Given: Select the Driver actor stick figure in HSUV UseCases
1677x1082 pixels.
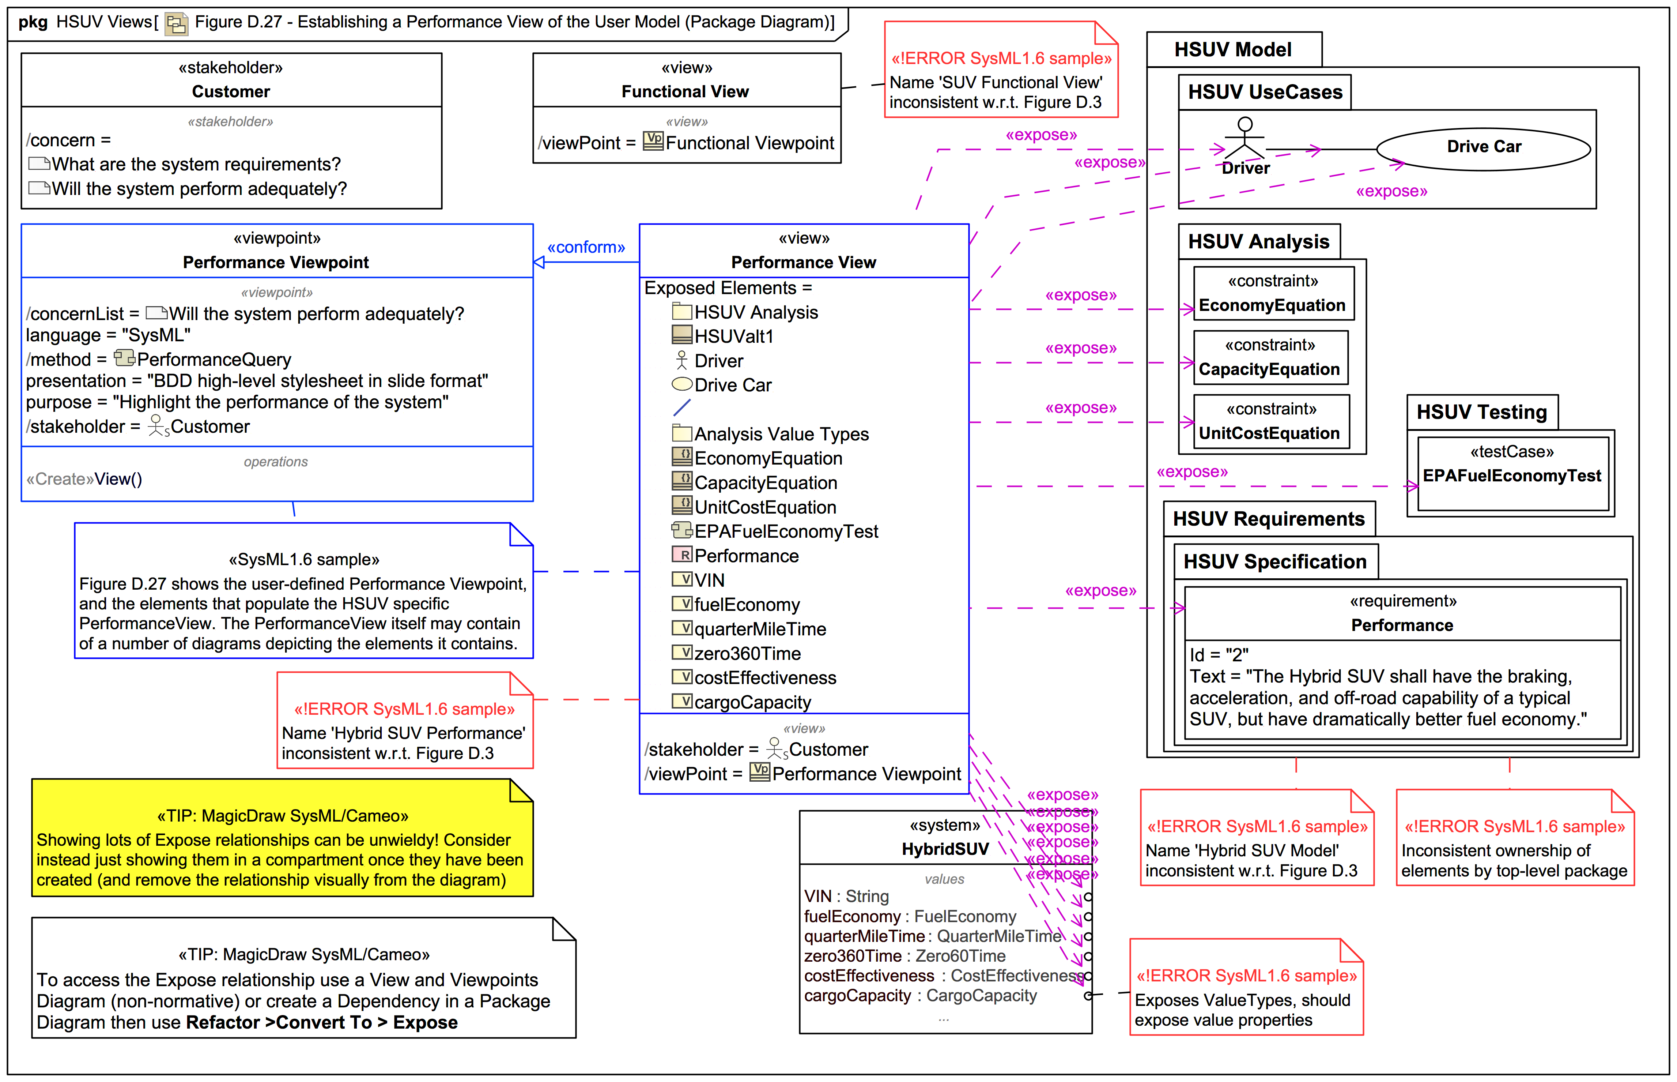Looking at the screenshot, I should (x=1244, y=138).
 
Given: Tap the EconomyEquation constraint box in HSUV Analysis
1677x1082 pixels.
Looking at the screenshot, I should (x=1273, y=294).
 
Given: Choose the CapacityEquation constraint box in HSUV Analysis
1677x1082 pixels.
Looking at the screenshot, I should (x=1270, y=358).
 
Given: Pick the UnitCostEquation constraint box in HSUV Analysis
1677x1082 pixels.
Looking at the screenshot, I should (x=1270, y=421).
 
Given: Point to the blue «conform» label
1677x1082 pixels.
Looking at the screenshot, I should (x=586, y=247).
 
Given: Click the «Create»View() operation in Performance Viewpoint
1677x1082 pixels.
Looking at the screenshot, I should (x=84, y=479).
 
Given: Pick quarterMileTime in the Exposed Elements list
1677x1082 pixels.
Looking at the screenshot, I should (x=760, y=630).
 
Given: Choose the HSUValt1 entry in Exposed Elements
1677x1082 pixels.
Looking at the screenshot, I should (x=734, y=337).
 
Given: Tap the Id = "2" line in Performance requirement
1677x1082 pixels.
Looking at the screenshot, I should (x=1219, y=655).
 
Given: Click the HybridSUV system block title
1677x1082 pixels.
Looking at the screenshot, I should (x=945, y=849).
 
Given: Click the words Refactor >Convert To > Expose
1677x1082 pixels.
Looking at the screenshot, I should (x=322, y=1022).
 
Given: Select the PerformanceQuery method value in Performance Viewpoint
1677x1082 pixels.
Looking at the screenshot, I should (x=214, y=360).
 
